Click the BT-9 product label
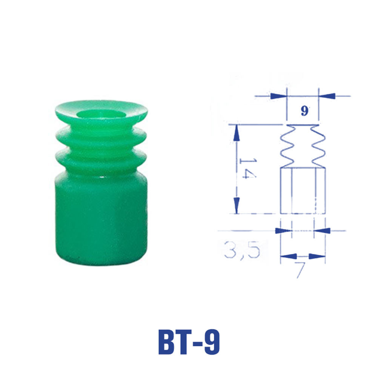(189, 342)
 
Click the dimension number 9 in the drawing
(304, 111)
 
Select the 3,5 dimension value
(242, 249)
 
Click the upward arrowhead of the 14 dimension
(237, 133)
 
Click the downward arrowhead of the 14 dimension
(237, 205)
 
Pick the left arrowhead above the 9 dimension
(278, 96)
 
